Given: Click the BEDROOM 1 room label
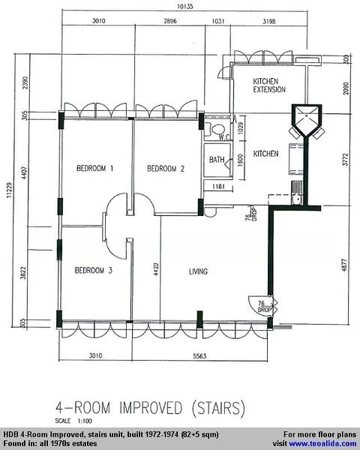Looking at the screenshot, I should (94, 169).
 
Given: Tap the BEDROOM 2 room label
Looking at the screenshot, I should (165, 169).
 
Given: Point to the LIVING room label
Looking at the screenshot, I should (198, 271).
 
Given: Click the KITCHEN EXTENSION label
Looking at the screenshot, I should (269, 85).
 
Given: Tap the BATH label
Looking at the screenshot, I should (217, 160).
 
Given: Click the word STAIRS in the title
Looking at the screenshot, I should (217, 409).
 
